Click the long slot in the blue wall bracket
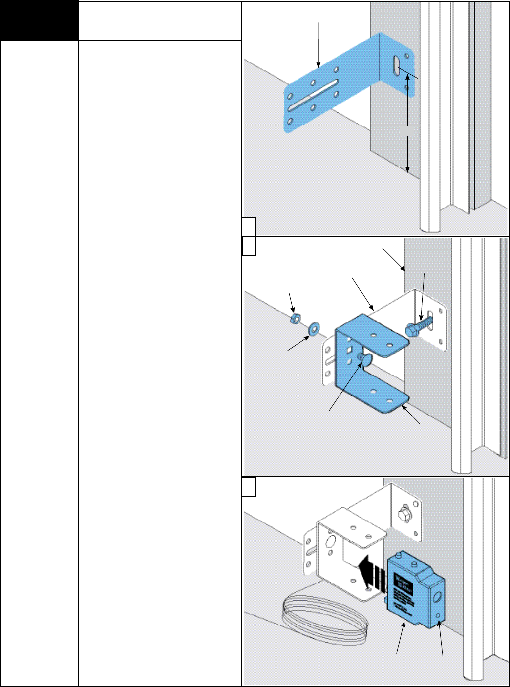313,94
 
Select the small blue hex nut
295,319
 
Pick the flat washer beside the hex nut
313,327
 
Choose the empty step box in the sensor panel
249,487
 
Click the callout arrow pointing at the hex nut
292,302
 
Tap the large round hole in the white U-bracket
330,541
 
